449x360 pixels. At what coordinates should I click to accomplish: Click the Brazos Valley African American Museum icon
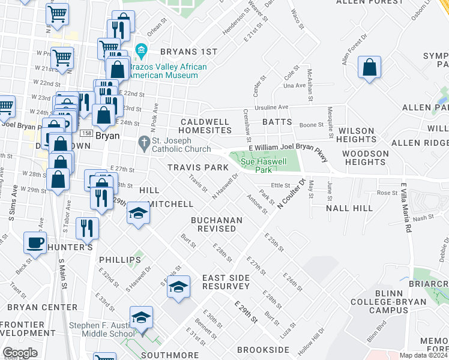point(142,49)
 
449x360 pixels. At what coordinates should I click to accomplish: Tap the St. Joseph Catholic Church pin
point(143,142)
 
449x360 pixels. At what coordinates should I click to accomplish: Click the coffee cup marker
point(35,243)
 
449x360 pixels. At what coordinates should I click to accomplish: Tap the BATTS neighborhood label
point(277,122)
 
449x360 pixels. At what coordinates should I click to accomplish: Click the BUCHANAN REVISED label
point(217,225)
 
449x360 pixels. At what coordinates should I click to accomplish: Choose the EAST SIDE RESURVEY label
point(231,282)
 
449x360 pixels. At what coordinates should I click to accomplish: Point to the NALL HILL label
point(349,208)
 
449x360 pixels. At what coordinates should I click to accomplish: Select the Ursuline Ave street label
point(272,107)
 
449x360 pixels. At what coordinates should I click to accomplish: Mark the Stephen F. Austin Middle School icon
point(141,318)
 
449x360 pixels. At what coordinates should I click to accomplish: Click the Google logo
point(20,353)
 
